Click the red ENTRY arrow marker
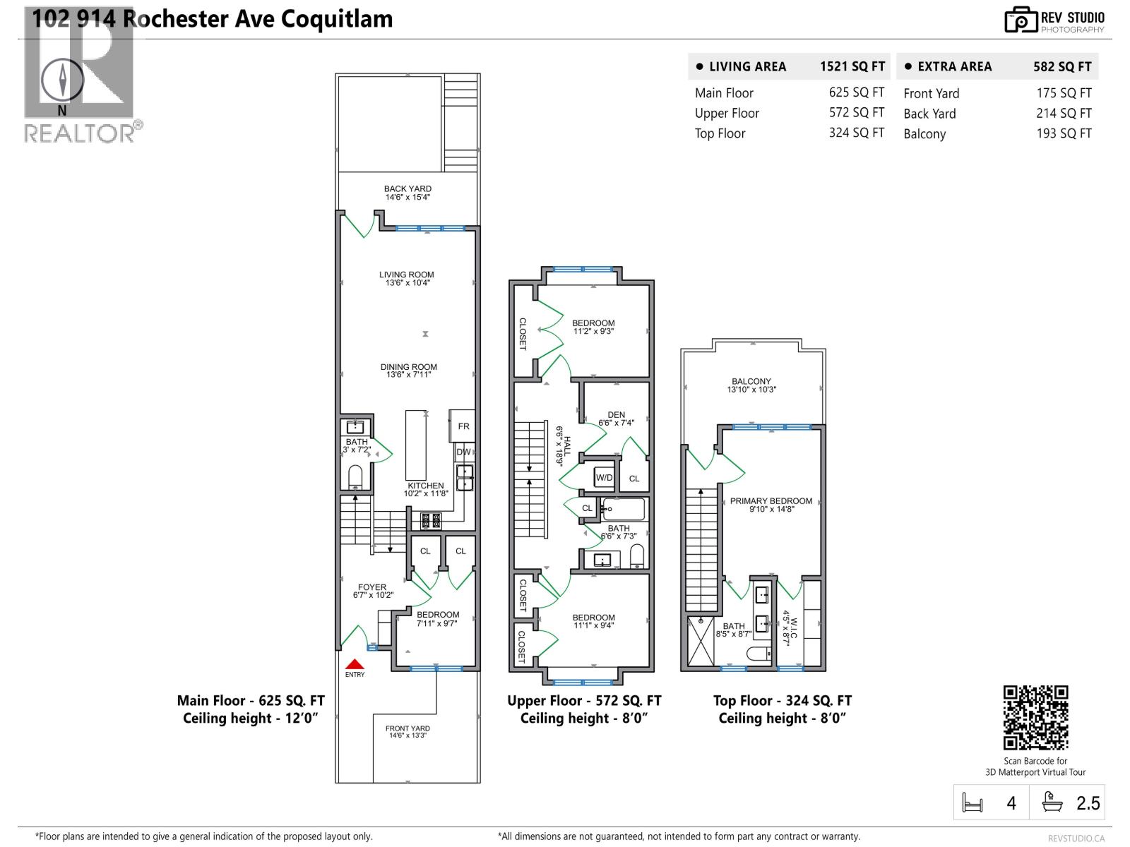(x=355, y=665)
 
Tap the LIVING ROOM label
(x=407, y=275)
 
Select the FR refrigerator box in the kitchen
(x=463, y=426)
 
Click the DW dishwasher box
(x=463, y=452)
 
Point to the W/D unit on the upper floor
(x=605, y=478)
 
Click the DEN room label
(x=616, y=415)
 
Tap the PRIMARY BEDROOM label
(x=771, y=501)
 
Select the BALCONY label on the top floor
(x=751, y=382)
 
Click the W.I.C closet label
(x=792, y=627)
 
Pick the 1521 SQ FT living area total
(x=852, y=66)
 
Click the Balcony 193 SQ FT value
(x=1064, y=133)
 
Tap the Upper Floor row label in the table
(x=727, y=113)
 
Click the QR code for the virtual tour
(x=1035, y=717)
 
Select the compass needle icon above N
(x=62, y=79)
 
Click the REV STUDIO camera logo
(x=1020, y=20)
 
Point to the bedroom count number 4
(x=1011, y=803)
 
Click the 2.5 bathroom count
(x=1088, y=803)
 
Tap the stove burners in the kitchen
(x=431, y=521)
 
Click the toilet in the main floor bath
(x=355, y=476)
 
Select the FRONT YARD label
(x=408, y=728)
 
